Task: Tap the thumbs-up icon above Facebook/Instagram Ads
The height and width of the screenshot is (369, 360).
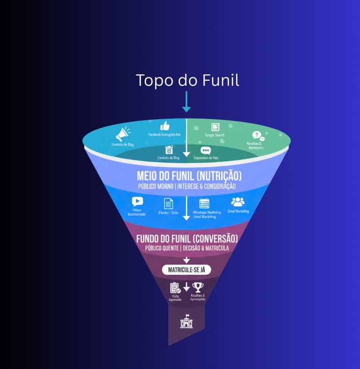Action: pos(165,126)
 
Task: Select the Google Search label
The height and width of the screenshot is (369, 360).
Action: pos(215,135)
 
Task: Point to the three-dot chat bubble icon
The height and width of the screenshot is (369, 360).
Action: pos(205,151)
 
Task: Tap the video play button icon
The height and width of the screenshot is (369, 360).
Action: pos(137,202)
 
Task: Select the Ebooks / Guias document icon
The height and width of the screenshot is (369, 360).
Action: pos(168,203)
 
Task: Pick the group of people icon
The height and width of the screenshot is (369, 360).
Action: pos(238,202)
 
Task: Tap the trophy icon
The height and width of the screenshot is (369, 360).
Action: pos(198,287)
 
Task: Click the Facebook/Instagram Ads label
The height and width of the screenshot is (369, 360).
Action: pos(165,135)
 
